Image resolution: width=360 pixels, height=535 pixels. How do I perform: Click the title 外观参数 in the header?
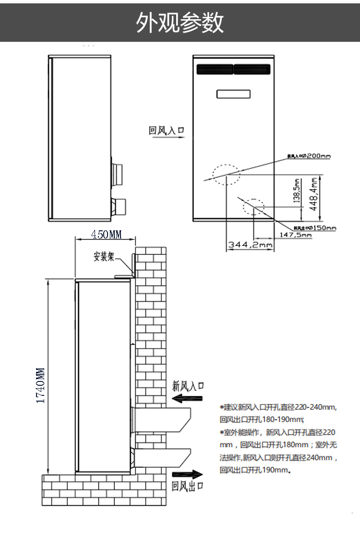point(180,23)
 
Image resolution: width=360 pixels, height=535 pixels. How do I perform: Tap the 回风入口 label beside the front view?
point(167,130)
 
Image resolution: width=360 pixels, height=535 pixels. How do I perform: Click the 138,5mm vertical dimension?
point(297,191)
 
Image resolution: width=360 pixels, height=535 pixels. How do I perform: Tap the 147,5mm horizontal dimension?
point(296,235)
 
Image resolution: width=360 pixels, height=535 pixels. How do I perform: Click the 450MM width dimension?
point(106,235)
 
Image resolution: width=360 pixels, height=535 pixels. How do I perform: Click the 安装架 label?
point(104,257)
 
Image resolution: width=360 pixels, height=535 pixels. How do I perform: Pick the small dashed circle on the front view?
point(253,206)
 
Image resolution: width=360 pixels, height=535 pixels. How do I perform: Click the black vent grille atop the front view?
point(234,70)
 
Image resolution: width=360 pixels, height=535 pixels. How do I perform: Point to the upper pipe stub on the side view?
point(117,175)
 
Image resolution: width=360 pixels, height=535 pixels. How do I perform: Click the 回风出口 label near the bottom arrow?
point(188,487)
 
